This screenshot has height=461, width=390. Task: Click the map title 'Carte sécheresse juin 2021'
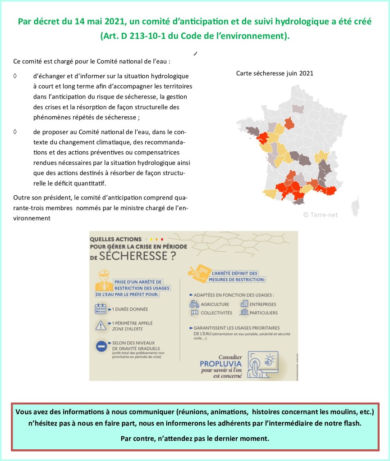(275, 73)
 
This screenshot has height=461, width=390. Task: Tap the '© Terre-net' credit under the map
(320, 215)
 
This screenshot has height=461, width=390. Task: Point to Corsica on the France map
(355, 204)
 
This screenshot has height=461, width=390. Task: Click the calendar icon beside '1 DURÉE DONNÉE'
(100, 309)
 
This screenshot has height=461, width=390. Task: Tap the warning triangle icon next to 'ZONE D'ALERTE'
(100, 325)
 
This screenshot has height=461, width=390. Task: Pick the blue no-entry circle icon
(100, 347)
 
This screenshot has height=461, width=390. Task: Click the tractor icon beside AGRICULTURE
(194, 304)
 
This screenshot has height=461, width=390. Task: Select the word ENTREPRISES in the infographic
(263, 304)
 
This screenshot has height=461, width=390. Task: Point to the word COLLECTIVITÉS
(216, 312)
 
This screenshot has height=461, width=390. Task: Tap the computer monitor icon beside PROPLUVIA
(262, 364)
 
